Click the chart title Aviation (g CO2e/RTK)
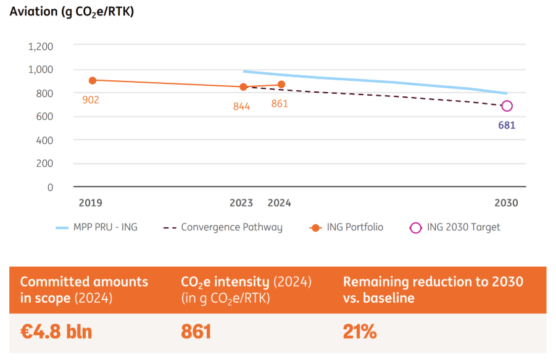coord(72,12)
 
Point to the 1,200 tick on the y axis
coord(40,46)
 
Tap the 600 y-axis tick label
coord(45,117)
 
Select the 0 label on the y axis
coord(50,188)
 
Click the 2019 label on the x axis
coord(91,203)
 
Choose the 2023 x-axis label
coord(241,203)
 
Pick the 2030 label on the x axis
coord(506,203)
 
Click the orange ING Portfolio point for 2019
coord(93,80)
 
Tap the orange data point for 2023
coord(243,87)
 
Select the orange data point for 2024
coord(281,84)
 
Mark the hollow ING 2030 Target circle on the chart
coord(507,106)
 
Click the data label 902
coord(91,99)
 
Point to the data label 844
coord(241,106)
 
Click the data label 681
coord(507,125)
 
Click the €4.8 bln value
coord(56,332)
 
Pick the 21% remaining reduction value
coord(360,332)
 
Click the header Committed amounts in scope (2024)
coord(84,290)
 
